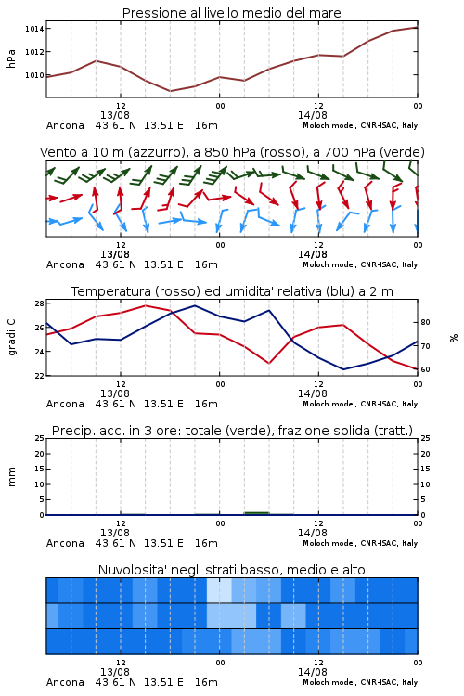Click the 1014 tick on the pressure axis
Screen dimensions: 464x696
tap(34, 29)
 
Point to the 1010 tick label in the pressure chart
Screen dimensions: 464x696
tap(34, 75)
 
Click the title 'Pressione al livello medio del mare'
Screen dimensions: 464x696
tap(232, 13)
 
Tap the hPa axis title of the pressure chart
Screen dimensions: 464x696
tap(11, 58)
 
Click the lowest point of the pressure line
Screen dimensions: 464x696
tap(170, 91)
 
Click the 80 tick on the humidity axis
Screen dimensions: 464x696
tap(425, 322)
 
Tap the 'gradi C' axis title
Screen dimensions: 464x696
tap(11, 337)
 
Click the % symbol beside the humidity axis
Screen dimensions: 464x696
tap(454, 338)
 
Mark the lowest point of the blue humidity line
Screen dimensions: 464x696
tap(343, 369)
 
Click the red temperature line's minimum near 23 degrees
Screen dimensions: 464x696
tap(269, 364)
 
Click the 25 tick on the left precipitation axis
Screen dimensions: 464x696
tap(40, 439)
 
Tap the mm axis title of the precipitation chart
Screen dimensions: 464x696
tap(11, 477)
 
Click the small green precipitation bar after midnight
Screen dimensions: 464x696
tap(257, 513)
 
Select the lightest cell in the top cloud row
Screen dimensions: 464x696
tap(219, 590)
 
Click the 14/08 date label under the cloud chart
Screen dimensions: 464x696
tap(312, 672)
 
